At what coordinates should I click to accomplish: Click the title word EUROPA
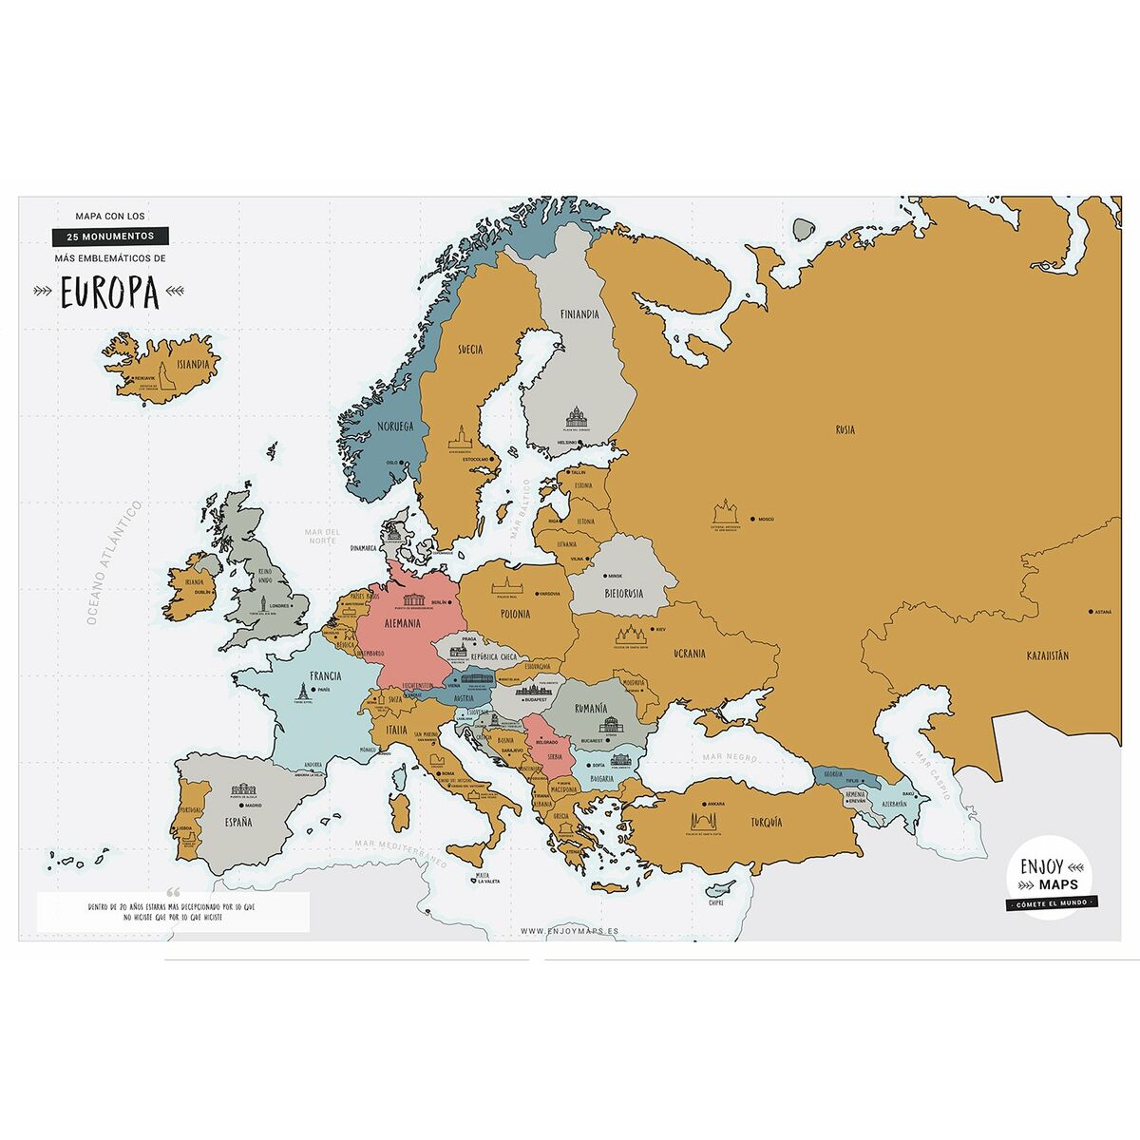click(x=109, y=294)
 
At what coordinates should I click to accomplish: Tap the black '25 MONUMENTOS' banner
click(x=110, y=236)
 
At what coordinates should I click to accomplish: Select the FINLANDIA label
click(x=579, y=314)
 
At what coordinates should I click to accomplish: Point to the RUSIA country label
click(x=845, y=430)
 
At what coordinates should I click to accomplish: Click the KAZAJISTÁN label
click(x=1048, y=655)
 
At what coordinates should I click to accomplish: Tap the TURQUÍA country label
click(x=766, y=822)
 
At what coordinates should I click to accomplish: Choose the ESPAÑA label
click(x=238, y=822)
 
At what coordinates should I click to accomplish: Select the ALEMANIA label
click(x=403, y=624)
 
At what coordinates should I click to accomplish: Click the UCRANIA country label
click(x=689, y=654)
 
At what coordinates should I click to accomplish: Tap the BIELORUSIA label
click(x=623, y=594)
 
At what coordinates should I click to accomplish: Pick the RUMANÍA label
click(x=590, y=709)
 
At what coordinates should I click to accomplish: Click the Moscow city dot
click(x=751, y=519)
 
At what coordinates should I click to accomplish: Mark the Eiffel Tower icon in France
click(x=302, y=693)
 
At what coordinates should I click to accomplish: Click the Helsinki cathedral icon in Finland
click(x=577, y=418)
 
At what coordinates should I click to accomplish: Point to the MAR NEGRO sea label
click(x=730, y=758)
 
